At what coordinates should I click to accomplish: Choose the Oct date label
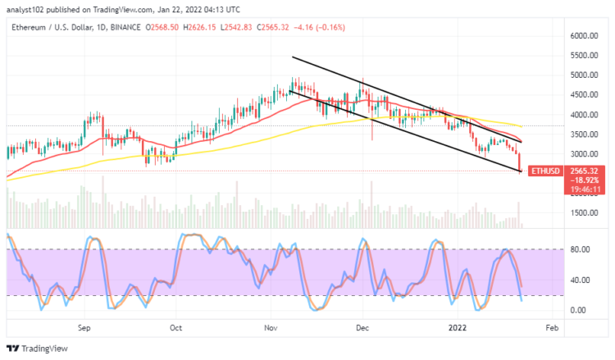click(x=175, y=326)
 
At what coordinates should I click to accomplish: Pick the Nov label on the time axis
click(x=270, y=326)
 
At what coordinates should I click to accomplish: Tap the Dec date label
click(x=361, y=326)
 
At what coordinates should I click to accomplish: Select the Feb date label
click(x=551, y=326)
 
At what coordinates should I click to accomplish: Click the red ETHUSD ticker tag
click(x=544, y=171)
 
